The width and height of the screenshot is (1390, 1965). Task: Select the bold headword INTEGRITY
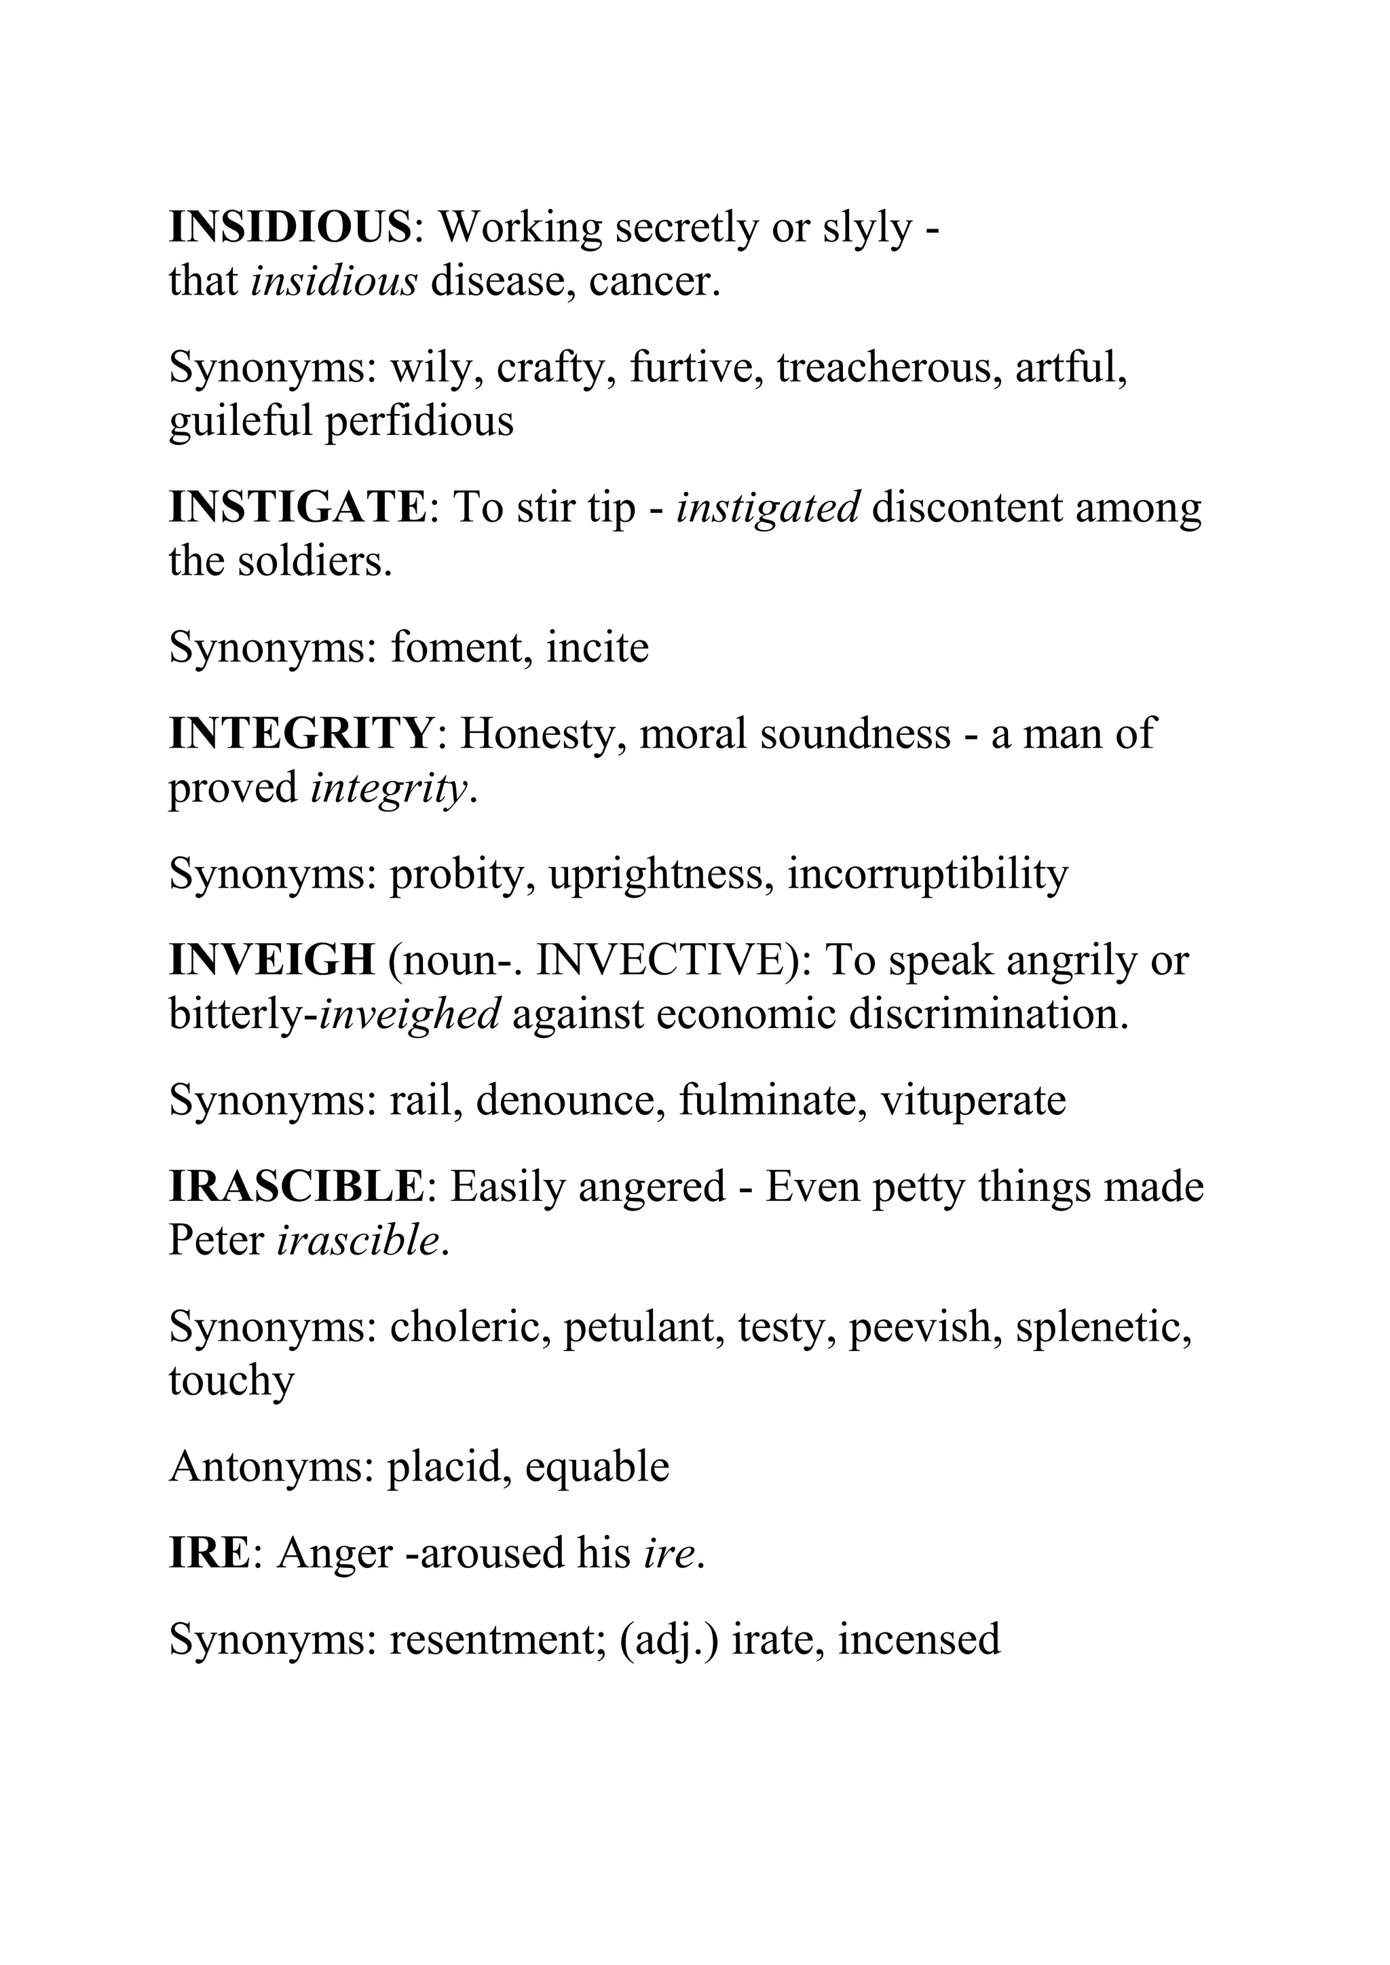coord(301,733)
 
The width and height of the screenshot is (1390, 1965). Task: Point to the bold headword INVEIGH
coord(271,960)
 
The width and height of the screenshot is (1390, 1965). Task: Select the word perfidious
coord(419,421)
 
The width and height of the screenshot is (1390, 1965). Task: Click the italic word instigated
coord(768,508)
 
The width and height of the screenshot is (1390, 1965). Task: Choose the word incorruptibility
coord(928,874)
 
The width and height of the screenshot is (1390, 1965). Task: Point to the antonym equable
coord(597,1466)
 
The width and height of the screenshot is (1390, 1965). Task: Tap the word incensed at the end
coord(918,1640)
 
